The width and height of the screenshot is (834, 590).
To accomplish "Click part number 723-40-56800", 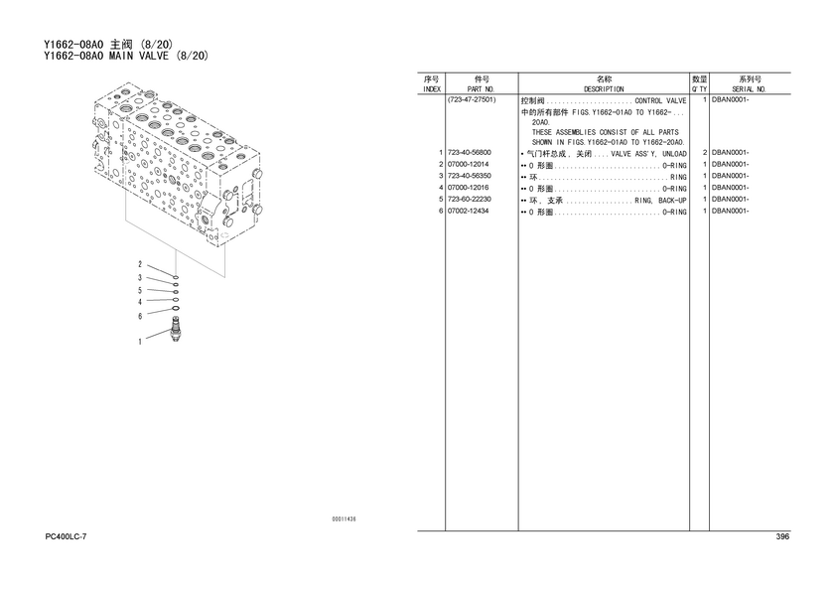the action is (469, 153).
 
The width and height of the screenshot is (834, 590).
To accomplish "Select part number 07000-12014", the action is (468, 165).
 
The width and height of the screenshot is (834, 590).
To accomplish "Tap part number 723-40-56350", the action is (469, 176).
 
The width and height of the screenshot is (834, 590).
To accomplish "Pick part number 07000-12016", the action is (468, 188).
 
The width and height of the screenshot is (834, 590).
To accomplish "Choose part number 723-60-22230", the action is (469, 200).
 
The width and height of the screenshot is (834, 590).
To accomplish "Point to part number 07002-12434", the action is (468, 212).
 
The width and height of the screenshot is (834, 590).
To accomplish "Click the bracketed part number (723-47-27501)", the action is (472, 99).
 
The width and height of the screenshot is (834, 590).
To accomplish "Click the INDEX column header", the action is (431, 89).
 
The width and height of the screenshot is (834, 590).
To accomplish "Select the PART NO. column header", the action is (481, 89).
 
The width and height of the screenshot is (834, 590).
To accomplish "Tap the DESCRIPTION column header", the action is (604, 89).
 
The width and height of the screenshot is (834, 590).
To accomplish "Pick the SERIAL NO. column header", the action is (749, 89).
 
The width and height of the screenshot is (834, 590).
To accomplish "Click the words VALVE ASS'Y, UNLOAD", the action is (649, 154).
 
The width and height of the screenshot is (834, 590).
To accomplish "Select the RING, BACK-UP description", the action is (660, 201).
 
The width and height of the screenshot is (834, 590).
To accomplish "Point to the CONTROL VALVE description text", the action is (660, 101).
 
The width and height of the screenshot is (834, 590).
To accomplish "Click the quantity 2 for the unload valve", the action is (705, 153).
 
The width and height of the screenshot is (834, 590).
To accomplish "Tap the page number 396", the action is (782, 536).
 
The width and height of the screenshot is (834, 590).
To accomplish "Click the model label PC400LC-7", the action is (66, 536).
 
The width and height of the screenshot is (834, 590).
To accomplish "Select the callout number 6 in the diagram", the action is (140, 316).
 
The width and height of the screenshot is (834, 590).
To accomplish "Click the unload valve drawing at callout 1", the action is (175, 330).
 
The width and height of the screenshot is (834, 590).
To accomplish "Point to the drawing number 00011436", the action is (345, 519).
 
